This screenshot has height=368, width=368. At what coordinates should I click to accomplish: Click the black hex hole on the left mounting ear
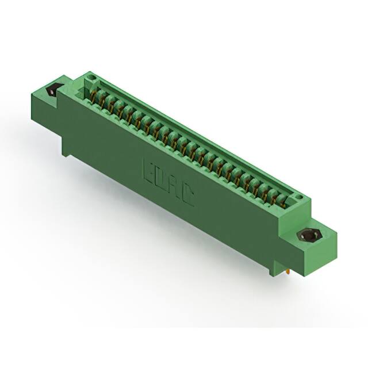[55, 89]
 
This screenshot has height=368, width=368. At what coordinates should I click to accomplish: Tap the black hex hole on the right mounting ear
[309, 236]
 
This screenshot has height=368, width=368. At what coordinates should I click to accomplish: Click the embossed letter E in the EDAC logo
[148, 171]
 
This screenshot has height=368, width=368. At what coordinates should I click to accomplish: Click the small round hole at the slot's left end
[90, 80]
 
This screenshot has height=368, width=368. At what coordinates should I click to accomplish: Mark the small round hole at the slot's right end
[299, 198]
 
